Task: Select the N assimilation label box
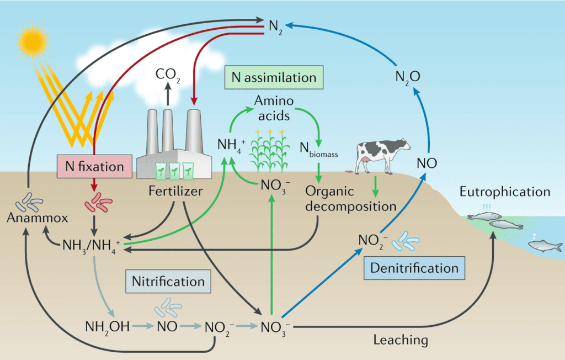coord(274,77)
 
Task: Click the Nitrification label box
coord(168,282)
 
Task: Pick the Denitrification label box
coord(414,268)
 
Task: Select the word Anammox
coord(38,218)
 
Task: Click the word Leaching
coord(400,339)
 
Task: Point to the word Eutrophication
coord(504,192)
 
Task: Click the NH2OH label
coord(107,326)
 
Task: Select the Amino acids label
coord(274,109)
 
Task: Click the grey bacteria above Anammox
coord(30,202)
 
